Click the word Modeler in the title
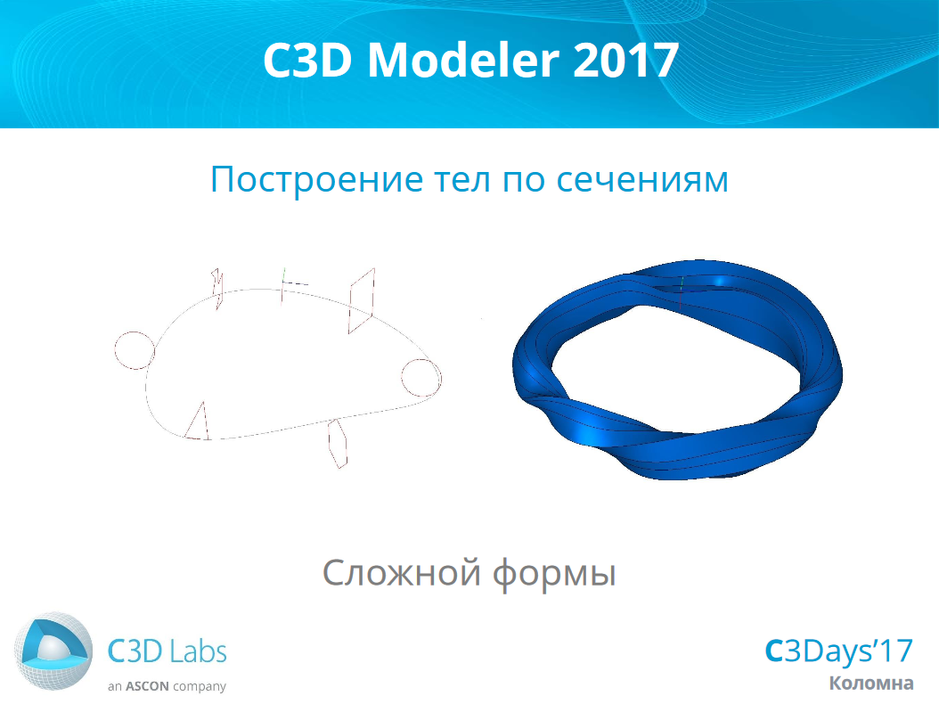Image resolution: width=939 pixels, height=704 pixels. pos(463,60)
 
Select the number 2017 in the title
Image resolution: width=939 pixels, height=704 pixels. pos(625,60)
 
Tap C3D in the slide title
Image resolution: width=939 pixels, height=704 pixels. pos(307,60)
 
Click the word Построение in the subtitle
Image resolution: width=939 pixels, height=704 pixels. pos(316,179)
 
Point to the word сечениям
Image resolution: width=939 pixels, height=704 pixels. pos(642,180)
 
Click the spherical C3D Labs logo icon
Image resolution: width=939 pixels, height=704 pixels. pos(53,651)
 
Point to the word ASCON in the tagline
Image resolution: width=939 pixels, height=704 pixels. pos(147,686)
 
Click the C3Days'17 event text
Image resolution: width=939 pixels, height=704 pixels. pos(838,651)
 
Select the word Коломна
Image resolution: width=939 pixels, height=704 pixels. pos(871,683)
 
